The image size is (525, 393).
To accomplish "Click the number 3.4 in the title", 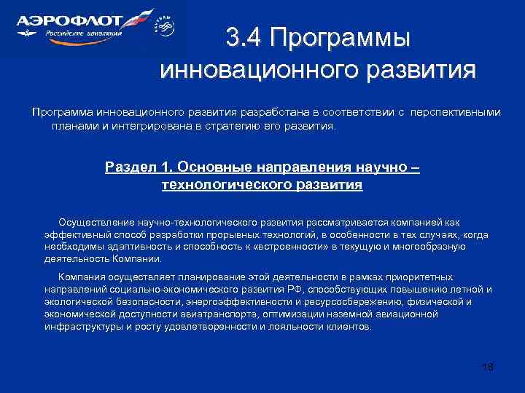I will pyautogui.click(x=244, y=37).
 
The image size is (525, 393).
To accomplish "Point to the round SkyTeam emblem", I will pyautogui.click(x=166, y=27).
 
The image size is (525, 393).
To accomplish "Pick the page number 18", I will pyautogui.click(x=488, y=366).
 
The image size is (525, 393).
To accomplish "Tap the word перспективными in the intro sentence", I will pyautogui.click(x=456, y=113).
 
